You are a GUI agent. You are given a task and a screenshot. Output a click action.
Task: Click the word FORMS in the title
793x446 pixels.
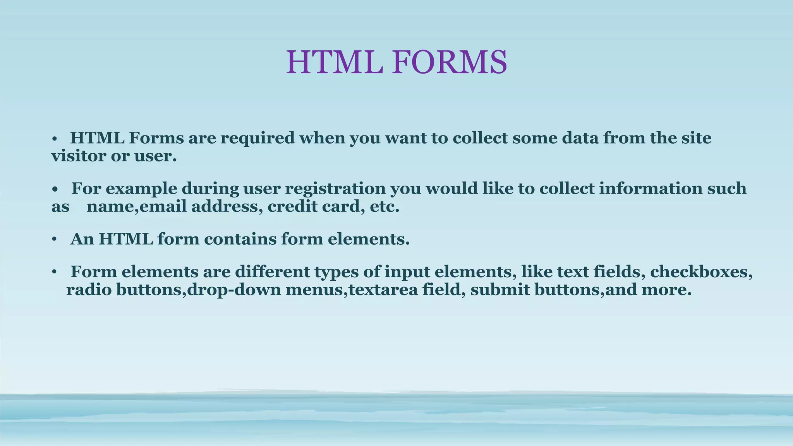pyautogui.click(x=449, y=63)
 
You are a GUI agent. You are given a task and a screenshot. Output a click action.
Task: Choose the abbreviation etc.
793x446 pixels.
pyautogui.click(x=384, y=207)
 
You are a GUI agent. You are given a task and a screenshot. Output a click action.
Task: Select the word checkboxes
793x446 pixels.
pyautogui.click(x=701, y=272)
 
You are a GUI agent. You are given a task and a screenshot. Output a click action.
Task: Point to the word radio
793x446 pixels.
pyautogui.click(x=89, y=290)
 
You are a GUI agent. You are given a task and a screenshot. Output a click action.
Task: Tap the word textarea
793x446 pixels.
pyautogui.click(x=383, y=290)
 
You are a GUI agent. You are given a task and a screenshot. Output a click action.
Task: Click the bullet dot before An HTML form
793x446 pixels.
pyautogui.click(x=55, y=240)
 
